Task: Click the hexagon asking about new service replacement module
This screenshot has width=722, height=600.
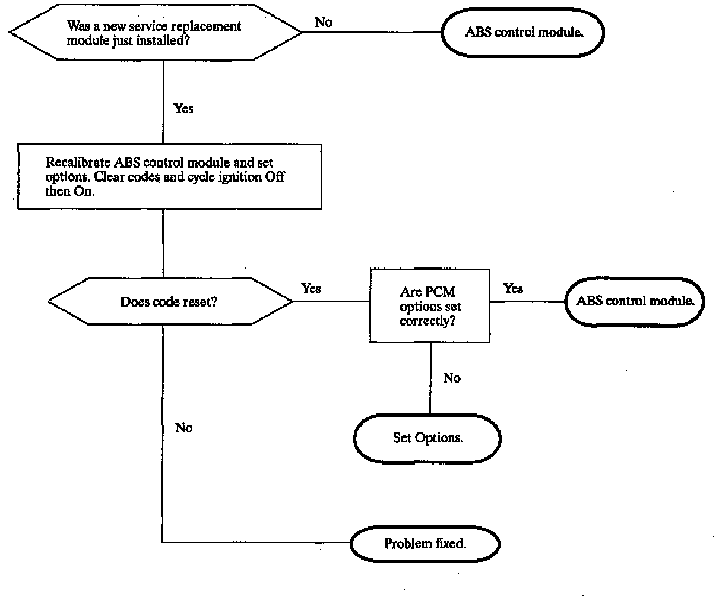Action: point(156,32)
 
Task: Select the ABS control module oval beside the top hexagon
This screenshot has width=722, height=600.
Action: point(523,32)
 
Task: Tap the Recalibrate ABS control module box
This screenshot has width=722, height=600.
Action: point(169,176)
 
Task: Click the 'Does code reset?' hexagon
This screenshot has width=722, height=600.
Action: point(170,301)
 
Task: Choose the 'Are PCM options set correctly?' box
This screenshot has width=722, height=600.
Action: point(430,305)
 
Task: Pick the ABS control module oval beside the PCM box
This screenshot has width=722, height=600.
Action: point(635,301)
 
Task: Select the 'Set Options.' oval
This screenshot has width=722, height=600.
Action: point(427,438)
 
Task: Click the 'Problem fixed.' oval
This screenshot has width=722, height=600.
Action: point(425,544)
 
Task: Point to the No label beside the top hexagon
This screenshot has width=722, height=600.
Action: point(324,23)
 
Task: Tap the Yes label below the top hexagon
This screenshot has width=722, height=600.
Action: point(183,108)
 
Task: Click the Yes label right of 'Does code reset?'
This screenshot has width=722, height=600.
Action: point(311,288)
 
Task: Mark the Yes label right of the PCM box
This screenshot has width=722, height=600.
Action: point(513,288)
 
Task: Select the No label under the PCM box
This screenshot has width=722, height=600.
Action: point(452,378)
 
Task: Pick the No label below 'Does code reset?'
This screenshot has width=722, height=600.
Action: point(183,428)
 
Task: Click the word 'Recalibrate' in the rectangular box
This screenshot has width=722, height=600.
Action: point(78,162)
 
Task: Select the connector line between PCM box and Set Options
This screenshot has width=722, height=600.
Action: point(430,378)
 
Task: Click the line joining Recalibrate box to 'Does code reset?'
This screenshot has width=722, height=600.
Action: point(163,244)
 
